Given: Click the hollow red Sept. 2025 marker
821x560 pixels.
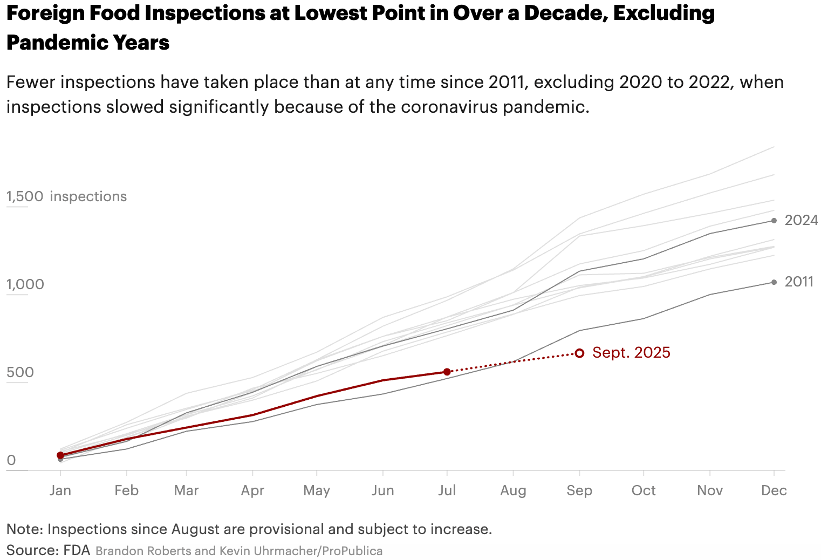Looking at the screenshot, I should click(579, 353).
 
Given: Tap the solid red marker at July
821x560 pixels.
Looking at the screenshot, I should click(447, 372).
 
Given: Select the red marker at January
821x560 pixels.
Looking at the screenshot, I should click(60, 455).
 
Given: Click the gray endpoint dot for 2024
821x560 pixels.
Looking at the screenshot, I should click(774, 220).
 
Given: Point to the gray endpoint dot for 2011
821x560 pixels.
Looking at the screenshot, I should click(774, 282).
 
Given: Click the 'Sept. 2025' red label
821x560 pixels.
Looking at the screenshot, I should click(631, 352).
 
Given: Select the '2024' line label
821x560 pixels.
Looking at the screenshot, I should click(801, 220).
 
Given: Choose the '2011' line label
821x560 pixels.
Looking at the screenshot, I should click(799, 282).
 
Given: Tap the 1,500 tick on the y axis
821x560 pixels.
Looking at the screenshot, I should click(25, 196).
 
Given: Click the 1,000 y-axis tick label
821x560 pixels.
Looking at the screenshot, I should click(25, 284).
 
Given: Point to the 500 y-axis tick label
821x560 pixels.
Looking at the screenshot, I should click(20, 372).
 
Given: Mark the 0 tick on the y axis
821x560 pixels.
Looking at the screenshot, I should click(11, 460).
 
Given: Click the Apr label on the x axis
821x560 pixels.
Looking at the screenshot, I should click(252, 490).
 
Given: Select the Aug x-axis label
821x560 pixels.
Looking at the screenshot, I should click(513, 490).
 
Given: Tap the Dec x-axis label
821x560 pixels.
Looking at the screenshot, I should click(774, 490).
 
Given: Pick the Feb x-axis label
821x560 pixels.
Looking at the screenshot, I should click(126, 490).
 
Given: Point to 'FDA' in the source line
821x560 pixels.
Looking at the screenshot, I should click(77, 550).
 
